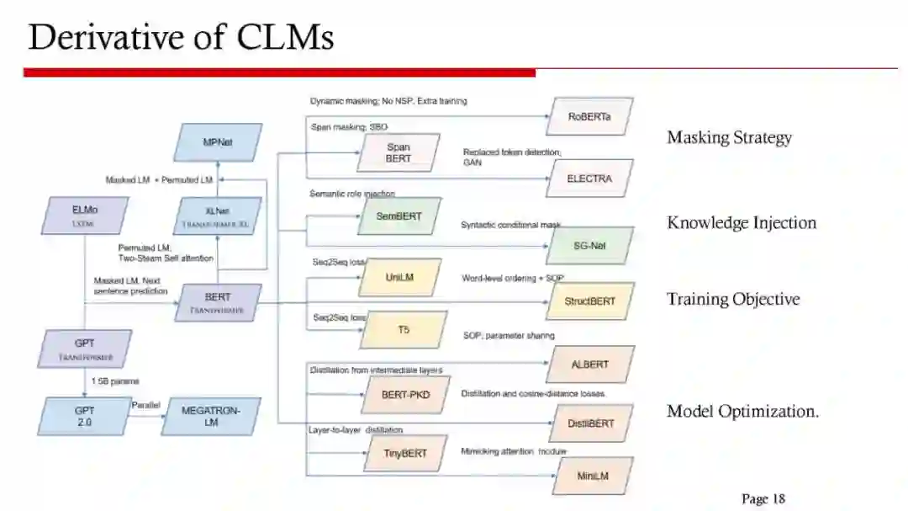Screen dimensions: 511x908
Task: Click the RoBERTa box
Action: tap(589, 117)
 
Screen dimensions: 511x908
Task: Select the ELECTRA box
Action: tap(589, 178)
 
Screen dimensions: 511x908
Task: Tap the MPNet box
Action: tap(218, 142)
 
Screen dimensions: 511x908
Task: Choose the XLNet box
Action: tap(218, 216)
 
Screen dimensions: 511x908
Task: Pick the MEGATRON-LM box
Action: tap(211, 416)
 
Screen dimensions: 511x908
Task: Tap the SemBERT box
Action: tap(399, 216)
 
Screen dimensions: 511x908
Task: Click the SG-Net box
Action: tap(589, 246)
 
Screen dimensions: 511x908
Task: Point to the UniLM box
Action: tap(399, 277)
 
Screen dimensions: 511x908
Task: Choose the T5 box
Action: tap(404, 330)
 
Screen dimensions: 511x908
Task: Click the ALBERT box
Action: tap(589, 365)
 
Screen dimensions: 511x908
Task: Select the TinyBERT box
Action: tap(405, 453)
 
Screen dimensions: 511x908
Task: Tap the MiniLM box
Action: tap(593, 476)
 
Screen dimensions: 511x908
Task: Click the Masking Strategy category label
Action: tap(729, 137)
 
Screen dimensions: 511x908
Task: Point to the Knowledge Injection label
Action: tap(742, 223)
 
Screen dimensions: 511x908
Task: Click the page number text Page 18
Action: tap(763, 499)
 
